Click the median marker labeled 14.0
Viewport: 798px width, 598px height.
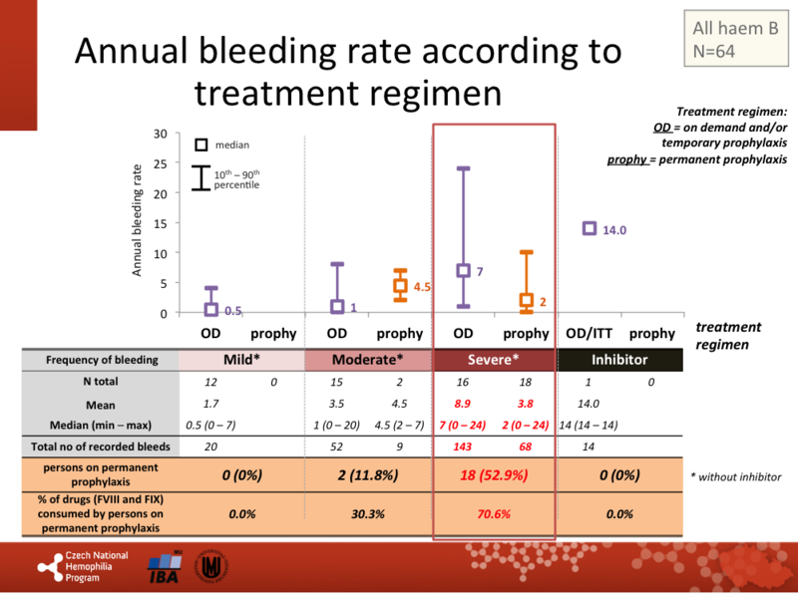589,228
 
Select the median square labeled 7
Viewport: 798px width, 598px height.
463,270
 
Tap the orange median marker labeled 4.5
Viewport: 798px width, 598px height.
399,286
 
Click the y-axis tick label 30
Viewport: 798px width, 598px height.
160,134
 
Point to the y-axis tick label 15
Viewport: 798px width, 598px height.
160,223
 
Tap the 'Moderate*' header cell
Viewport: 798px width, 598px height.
367,359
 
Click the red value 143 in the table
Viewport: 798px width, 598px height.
464,448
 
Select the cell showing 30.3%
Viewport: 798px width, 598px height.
367,514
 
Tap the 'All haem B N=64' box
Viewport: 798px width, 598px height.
733,39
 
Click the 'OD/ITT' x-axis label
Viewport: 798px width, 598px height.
589,333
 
